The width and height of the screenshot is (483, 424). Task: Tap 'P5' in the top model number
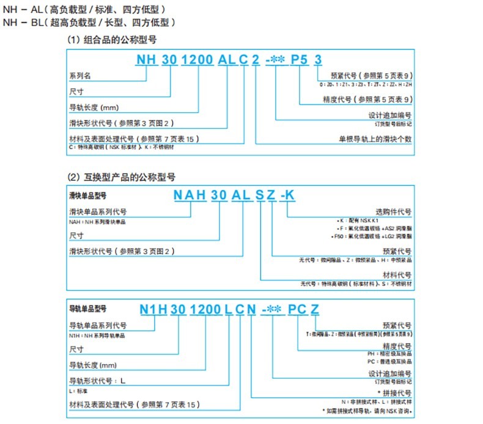pos(299,59)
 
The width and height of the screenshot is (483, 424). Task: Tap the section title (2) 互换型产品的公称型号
pos(122,177)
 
